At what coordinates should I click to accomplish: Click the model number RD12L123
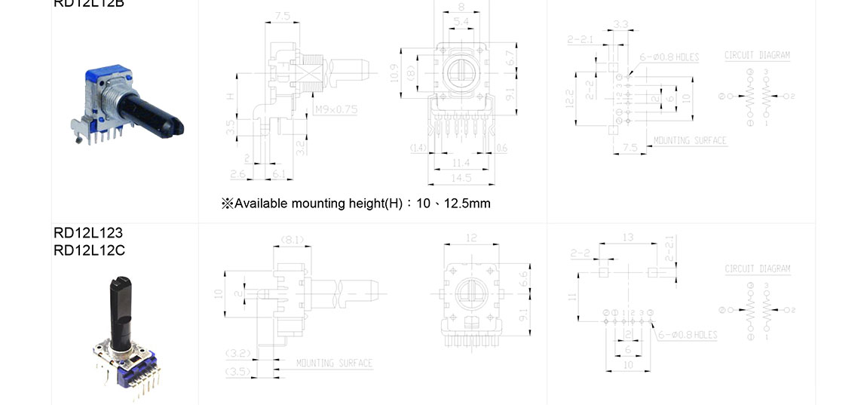[87, 233]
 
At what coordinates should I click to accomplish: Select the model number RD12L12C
[89, 250]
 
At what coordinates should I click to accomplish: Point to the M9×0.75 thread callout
[335, 110]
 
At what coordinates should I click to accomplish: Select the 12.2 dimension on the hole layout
[570, 97]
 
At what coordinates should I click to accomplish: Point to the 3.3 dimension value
[621, 25]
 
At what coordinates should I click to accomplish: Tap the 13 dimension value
[628, 238]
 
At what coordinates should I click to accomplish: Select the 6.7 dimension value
[510, 57]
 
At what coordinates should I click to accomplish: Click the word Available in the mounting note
[262, 204]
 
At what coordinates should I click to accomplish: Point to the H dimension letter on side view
[229, 96]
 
